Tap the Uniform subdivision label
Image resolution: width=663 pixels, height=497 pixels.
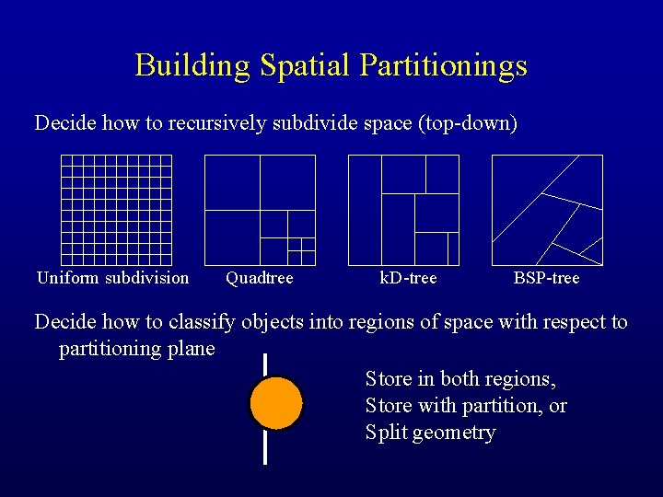tap(112, 278)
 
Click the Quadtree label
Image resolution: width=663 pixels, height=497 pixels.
tap(259, 278)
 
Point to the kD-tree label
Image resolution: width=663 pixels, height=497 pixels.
tap(408, 278)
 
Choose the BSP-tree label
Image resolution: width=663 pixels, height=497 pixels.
tap(546, 278)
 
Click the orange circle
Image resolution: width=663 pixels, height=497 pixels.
tap(276, 403)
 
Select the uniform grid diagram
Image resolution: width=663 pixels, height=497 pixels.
tap(116, 210)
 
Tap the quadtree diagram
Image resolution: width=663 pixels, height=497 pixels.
tap(260, 210)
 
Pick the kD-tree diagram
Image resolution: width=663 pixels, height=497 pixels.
tap(403, 210)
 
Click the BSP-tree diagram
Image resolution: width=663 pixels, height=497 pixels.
tap(547, 210)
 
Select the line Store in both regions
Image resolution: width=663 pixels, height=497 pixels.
tap(460, 378)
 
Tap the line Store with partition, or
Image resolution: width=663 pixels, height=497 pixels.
tap(466, 405)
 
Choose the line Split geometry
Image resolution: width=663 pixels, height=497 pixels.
tap(430, 433)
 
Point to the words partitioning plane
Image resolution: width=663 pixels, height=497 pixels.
tap(136, 349)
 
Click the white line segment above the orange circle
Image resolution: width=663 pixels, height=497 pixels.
tap(265, 364)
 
